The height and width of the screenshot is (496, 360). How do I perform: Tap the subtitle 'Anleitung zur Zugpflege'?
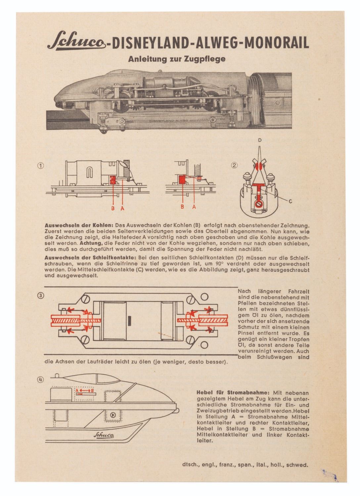click(x=177, y=59)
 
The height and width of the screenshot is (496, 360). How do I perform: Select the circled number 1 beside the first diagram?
click(x=41, y=166)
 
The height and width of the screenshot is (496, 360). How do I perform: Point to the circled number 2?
click(x=234, y=165)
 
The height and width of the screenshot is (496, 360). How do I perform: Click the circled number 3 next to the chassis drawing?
click(x=40, y=296)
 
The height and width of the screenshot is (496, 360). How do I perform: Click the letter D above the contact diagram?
click(x=260, y=140)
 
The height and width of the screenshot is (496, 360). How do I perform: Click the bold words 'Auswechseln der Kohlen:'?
click(x=79, y=225)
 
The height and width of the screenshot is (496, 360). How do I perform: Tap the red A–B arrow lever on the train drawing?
click(x=85, y=391)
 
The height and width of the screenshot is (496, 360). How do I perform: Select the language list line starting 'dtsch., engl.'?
click(x=245, y=465)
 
